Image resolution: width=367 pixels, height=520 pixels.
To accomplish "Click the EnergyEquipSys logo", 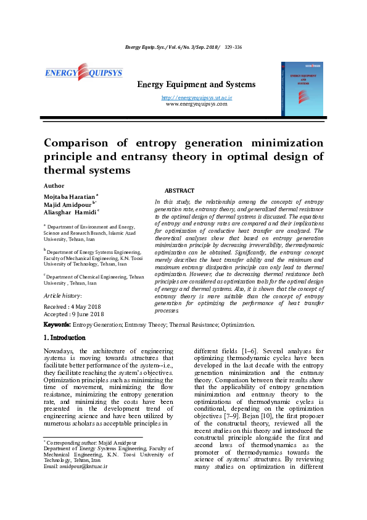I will click(83, 73).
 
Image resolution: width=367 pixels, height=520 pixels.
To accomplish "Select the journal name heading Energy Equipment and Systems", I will click(196, 84).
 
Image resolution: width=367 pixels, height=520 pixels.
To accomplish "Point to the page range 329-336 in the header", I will click(233, 47).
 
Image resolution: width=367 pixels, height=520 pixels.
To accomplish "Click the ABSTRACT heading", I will click(179, 191).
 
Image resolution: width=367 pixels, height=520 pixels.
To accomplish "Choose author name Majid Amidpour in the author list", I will click(67, 204).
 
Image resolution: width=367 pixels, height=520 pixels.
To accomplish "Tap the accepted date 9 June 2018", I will click(93, 314).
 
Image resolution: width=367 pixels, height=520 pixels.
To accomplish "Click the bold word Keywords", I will click(57, 324).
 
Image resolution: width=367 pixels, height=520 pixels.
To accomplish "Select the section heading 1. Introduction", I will click(69, 338).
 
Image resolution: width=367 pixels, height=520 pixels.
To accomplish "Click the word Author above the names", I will click(54, 185).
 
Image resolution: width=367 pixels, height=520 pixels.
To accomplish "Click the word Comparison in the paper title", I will click(79, 143).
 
